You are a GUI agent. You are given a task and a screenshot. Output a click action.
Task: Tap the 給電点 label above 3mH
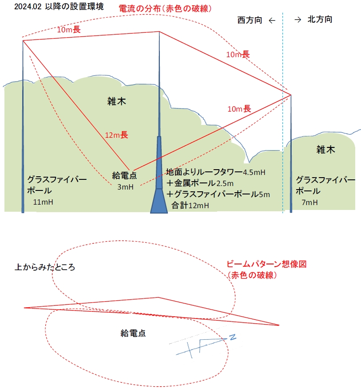(x=124, y=175)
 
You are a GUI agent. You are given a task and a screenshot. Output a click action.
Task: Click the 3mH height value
(x=125, y=187)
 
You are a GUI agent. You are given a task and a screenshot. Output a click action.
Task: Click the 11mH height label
(x=43, y=202)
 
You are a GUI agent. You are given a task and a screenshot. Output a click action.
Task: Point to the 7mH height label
(x=309, y=202)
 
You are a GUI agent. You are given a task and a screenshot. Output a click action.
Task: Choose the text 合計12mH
(x=190, y=205)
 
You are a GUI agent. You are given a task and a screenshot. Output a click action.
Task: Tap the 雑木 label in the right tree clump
(x=325, y=149)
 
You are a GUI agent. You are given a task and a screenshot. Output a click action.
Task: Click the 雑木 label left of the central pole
(x=117, y=101)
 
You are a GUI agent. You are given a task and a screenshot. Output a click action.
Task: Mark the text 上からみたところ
(x=45, y=268)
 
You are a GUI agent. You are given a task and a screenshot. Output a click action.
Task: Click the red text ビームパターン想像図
(x=267, y=264)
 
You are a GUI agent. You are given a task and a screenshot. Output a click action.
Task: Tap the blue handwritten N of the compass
(x=232, y=338)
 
